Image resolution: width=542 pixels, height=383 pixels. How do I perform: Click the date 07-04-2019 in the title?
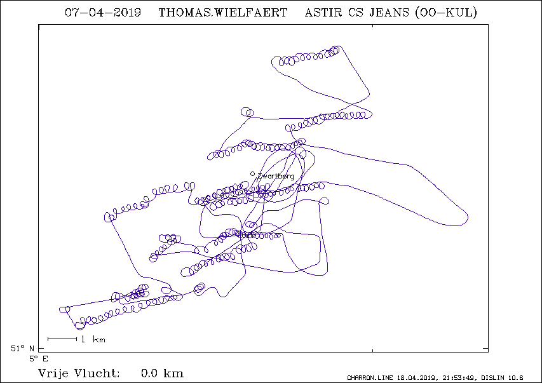103,13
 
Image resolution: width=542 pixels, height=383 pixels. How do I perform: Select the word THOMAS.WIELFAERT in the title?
223,13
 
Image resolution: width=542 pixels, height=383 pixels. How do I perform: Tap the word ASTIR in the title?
323,13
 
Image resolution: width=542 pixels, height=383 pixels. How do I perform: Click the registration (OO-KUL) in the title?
446,13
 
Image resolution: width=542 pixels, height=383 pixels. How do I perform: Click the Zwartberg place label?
276,177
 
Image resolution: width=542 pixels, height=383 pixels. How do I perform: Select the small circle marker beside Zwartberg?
253,174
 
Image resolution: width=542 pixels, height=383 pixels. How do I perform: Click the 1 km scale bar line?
62,339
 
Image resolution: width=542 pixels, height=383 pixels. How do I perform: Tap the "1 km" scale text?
93,339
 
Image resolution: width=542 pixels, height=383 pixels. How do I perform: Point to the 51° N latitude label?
22,349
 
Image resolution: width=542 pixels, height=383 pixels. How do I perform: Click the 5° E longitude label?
39,359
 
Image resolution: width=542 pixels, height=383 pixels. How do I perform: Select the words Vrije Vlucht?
79,373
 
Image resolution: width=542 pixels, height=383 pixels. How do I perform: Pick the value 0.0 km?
162,373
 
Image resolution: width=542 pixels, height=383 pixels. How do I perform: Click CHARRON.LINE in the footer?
370,378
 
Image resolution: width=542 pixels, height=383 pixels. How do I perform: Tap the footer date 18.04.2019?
417,378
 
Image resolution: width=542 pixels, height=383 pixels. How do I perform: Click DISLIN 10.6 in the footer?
502,378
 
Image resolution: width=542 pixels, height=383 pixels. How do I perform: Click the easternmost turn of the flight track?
468,218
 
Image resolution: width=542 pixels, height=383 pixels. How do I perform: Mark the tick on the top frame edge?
372,26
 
